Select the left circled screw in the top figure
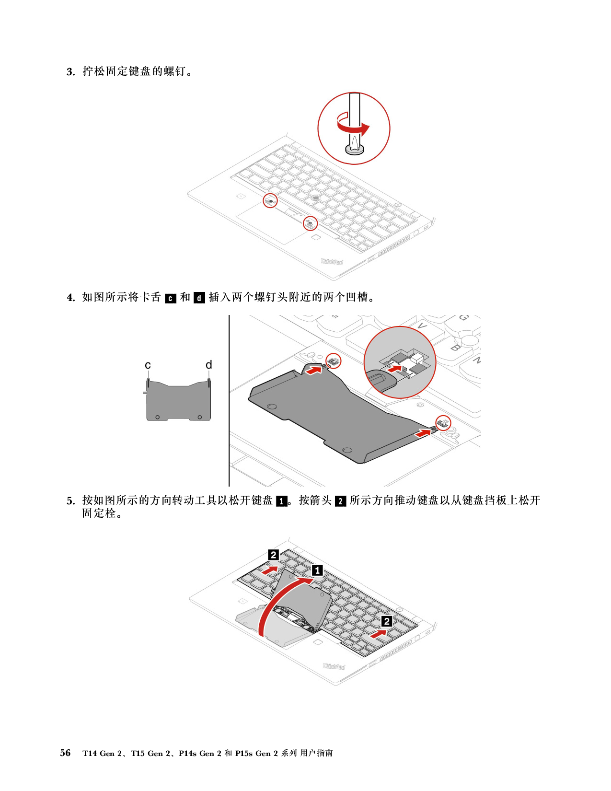coord(270,200)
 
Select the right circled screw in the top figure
coord(310,223)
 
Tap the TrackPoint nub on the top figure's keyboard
coord(315,197)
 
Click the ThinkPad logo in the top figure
coord(332,261)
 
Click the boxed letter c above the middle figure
coord(171,298)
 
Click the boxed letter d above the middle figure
coord(199,298)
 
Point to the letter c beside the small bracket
coord(148,365)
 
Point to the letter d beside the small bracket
coord(209,365)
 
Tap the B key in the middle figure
coord(456,347)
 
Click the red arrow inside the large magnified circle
coord(394,369)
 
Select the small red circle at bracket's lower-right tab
coord(443,423)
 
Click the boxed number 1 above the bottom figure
coord(282,501)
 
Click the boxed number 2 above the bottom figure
coord(340,501)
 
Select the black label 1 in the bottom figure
coord(317,570)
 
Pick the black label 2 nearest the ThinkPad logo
coord(387,621)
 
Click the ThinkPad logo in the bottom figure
coord(334,666)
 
